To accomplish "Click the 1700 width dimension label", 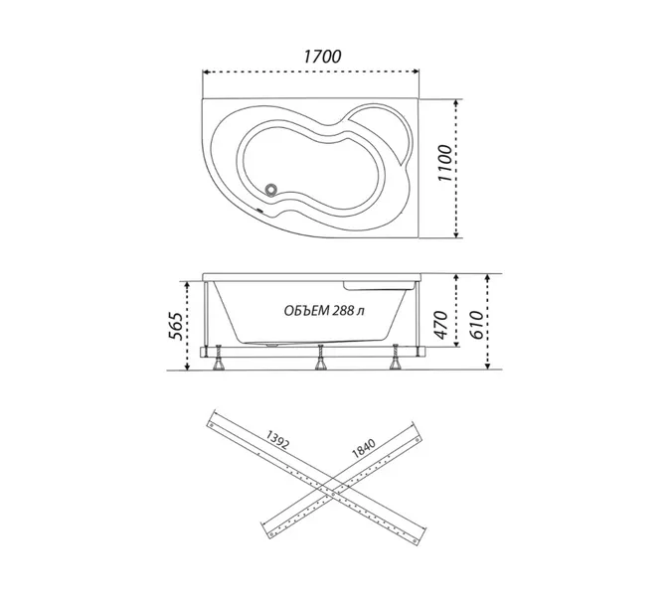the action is click(323, 57).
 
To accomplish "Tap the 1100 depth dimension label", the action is click(445, 163).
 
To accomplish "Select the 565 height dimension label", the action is click(175, 326).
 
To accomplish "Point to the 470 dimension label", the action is click(440, 325).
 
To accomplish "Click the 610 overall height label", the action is click(476, 325).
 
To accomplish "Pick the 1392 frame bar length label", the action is click(277, 439).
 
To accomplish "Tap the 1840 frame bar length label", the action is click(363, 448).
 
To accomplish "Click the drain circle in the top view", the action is click(270, 189).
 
